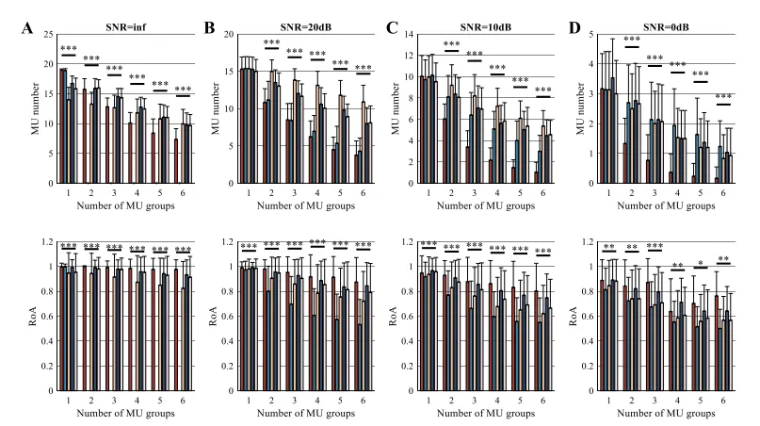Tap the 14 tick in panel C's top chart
coord(409,35)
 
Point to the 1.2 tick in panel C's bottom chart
coord(408,242)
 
